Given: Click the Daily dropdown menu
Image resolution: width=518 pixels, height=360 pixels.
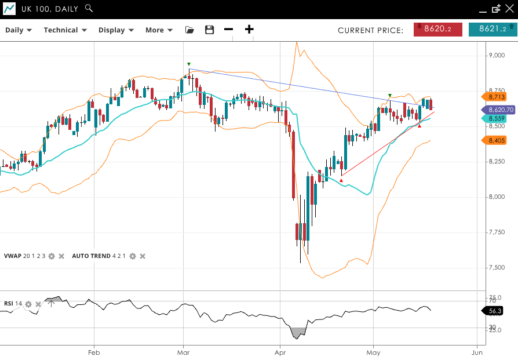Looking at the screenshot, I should click(18, 30).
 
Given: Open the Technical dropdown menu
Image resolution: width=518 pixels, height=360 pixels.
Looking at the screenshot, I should click(65, 30).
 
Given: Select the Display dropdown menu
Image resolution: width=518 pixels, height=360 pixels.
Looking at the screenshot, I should click(116, 30).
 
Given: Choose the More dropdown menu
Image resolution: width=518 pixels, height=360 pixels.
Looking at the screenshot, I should click(159, 30).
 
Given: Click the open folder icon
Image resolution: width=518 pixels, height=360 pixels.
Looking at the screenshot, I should click(189, 30).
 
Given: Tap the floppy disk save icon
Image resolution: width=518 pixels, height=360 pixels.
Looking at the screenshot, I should click(210, 30).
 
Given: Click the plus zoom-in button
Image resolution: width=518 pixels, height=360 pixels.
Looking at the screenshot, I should click(249, 30).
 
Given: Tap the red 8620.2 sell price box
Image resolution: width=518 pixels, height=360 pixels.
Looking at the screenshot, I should click(437, 29).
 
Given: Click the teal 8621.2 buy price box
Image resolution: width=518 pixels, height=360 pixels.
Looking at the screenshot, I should click(493, 29).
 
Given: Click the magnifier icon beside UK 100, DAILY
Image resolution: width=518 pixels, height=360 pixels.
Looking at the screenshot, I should click(89, 8).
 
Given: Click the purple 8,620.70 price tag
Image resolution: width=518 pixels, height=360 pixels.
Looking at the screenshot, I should click(499, 110).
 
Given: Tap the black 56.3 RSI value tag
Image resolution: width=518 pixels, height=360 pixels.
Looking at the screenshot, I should click(494, 311).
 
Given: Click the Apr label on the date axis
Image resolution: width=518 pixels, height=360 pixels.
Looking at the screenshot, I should click(280, 352).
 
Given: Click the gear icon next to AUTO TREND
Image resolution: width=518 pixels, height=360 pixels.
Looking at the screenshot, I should click(133, 256).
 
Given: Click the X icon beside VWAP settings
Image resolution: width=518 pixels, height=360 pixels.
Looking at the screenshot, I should click(61, 256).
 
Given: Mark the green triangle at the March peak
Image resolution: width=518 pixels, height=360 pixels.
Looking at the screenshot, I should click(189, 64).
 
